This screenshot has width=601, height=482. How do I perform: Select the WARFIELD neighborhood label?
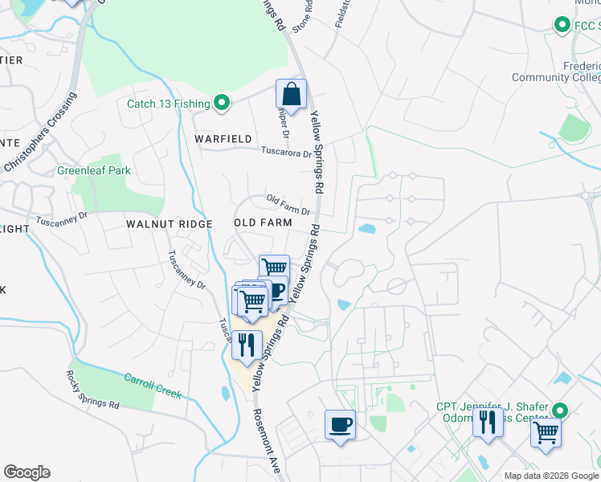pos(223,139)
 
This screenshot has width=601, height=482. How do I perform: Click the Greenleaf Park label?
pos(93,171)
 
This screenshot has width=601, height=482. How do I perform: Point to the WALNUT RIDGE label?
pos(170,223)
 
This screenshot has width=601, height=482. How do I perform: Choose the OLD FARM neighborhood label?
pos(263,222)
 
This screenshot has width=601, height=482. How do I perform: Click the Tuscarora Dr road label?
pos(285,151)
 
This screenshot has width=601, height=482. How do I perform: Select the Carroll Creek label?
pos(153,386)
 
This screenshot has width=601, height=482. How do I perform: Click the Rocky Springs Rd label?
pos(92,390)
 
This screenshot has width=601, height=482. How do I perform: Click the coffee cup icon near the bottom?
pos(339,423)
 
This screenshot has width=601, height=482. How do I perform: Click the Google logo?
pos(27,472)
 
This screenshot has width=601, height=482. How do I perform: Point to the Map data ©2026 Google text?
pos(551,476)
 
